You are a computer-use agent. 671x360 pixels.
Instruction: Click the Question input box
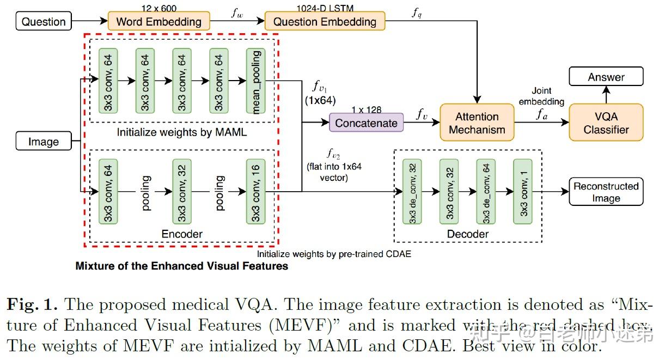(x=44, y=22)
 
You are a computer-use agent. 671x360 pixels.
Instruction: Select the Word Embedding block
(x=158, y=22)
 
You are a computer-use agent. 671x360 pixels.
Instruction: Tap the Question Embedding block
(x=325, y=22)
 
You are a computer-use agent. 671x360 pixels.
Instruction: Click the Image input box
(x=44, y=142)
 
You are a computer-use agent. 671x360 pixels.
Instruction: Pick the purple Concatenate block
(x=366, y=123)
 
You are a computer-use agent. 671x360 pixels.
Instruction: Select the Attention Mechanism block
(x=477, y=124)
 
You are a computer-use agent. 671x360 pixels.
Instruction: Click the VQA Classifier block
(x=606, y=124)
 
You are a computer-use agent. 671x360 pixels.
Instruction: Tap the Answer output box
(x=606, y=77)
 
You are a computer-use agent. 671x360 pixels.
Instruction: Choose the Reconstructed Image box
(x=606, y=192)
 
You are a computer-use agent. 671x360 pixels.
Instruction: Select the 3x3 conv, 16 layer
(x=255, y=192)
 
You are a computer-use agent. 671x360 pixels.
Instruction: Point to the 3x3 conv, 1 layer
(x=522, y=192)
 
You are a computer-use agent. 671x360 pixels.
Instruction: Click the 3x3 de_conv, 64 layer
(x=486, y=192)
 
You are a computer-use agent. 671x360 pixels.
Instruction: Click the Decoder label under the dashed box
(x=467, y=234)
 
